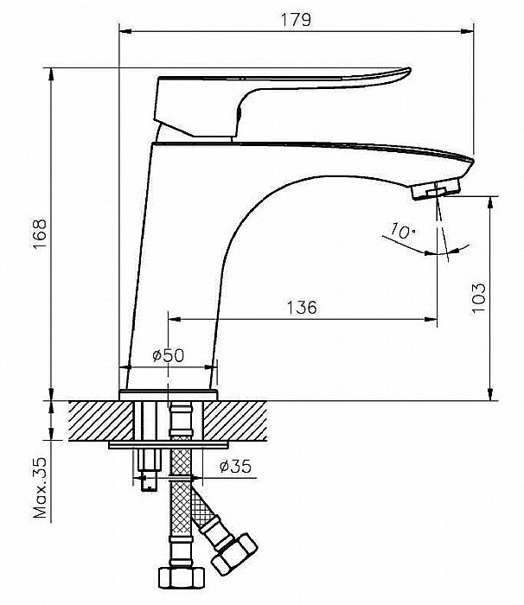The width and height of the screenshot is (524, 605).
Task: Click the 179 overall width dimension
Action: pos(296,20)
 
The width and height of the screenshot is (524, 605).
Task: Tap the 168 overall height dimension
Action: pos(40,234)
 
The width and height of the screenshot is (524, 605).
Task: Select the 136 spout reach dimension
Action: pos(302,308)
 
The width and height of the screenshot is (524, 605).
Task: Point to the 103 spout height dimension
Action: pos(478,298)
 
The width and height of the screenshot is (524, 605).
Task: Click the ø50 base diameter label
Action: pos(169,355)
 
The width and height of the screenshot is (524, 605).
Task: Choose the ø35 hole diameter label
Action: pos(235,466)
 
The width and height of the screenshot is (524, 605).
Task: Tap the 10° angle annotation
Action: pos(402,231)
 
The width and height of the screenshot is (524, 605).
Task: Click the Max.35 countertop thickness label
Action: pos(40,488)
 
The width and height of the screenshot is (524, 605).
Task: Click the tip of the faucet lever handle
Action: pos(409,70)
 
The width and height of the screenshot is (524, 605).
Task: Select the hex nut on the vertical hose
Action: pos(181,577)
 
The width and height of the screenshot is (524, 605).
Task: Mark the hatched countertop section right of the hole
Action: pos(235,421)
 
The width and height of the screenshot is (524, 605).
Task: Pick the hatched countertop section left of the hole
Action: pos(101,421)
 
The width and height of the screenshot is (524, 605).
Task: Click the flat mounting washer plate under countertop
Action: pos(169,445)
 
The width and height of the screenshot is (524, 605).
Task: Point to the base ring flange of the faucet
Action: pos(169,396)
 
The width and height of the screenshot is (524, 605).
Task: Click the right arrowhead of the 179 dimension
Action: pos(467,32)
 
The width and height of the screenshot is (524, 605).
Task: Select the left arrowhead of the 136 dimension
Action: pos(175,319)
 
